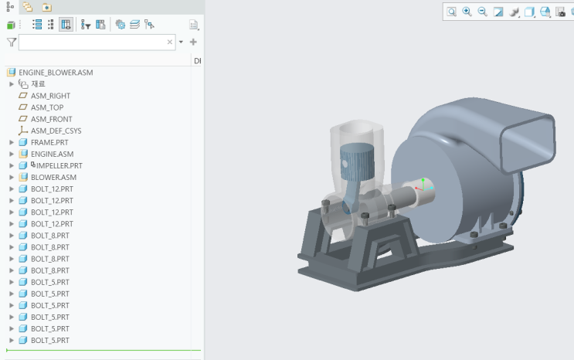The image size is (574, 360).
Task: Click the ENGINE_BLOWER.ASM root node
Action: click(56, 73)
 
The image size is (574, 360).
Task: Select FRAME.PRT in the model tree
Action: click(49, 142)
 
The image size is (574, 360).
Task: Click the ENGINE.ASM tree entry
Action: click(52, 155)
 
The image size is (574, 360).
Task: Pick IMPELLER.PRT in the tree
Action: click(59, 166)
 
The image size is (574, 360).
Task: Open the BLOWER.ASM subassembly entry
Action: click(53, 178)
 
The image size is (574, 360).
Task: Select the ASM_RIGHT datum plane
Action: click(50, 96)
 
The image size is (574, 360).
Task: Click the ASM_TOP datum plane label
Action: click(47, 107)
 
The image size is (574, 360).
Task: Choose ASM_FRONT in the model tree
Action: click(51, 120)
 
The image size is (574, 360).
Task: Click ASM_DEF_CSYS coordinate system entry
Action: click(56, 131)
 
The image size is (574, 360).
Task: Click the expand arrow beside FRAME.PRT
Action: click(12, 142)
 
